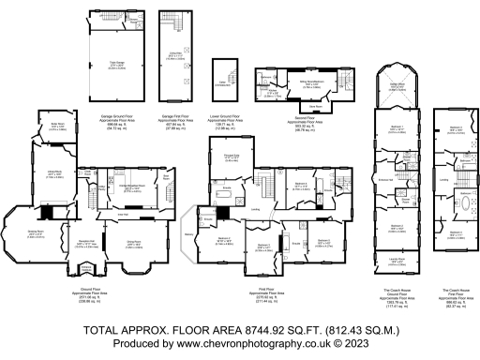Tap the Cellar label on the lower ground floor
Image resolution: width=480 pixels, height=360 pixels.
pyautogui.click(x=222, y=82)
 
